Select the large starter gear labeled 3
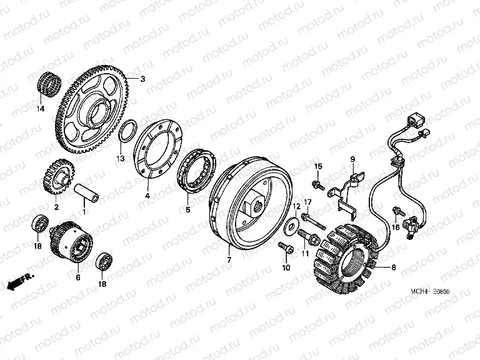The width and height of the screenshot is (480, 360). tap(92, 109)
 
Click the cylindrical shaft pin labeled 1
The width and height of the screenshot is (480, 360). tap(87, 195)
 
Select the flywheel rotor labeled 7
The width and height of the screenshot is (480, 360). tap(251, 204)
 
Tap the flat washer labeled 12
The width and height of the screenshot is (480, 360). tap(290, 226)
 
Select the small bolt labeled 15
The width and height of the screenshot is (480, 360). tap(318, 184)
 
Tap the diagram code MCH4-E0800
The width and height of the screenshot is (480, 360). tap(430, 292)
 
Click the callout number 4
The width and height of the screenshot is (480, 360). tap(147, 196)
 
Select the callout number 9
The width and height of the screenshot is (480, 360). tap(352, 159)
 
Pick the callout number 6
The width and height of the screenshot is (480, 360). tap(78, 277)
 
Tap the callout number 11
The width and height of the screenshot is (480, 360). tap(305, 253)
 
